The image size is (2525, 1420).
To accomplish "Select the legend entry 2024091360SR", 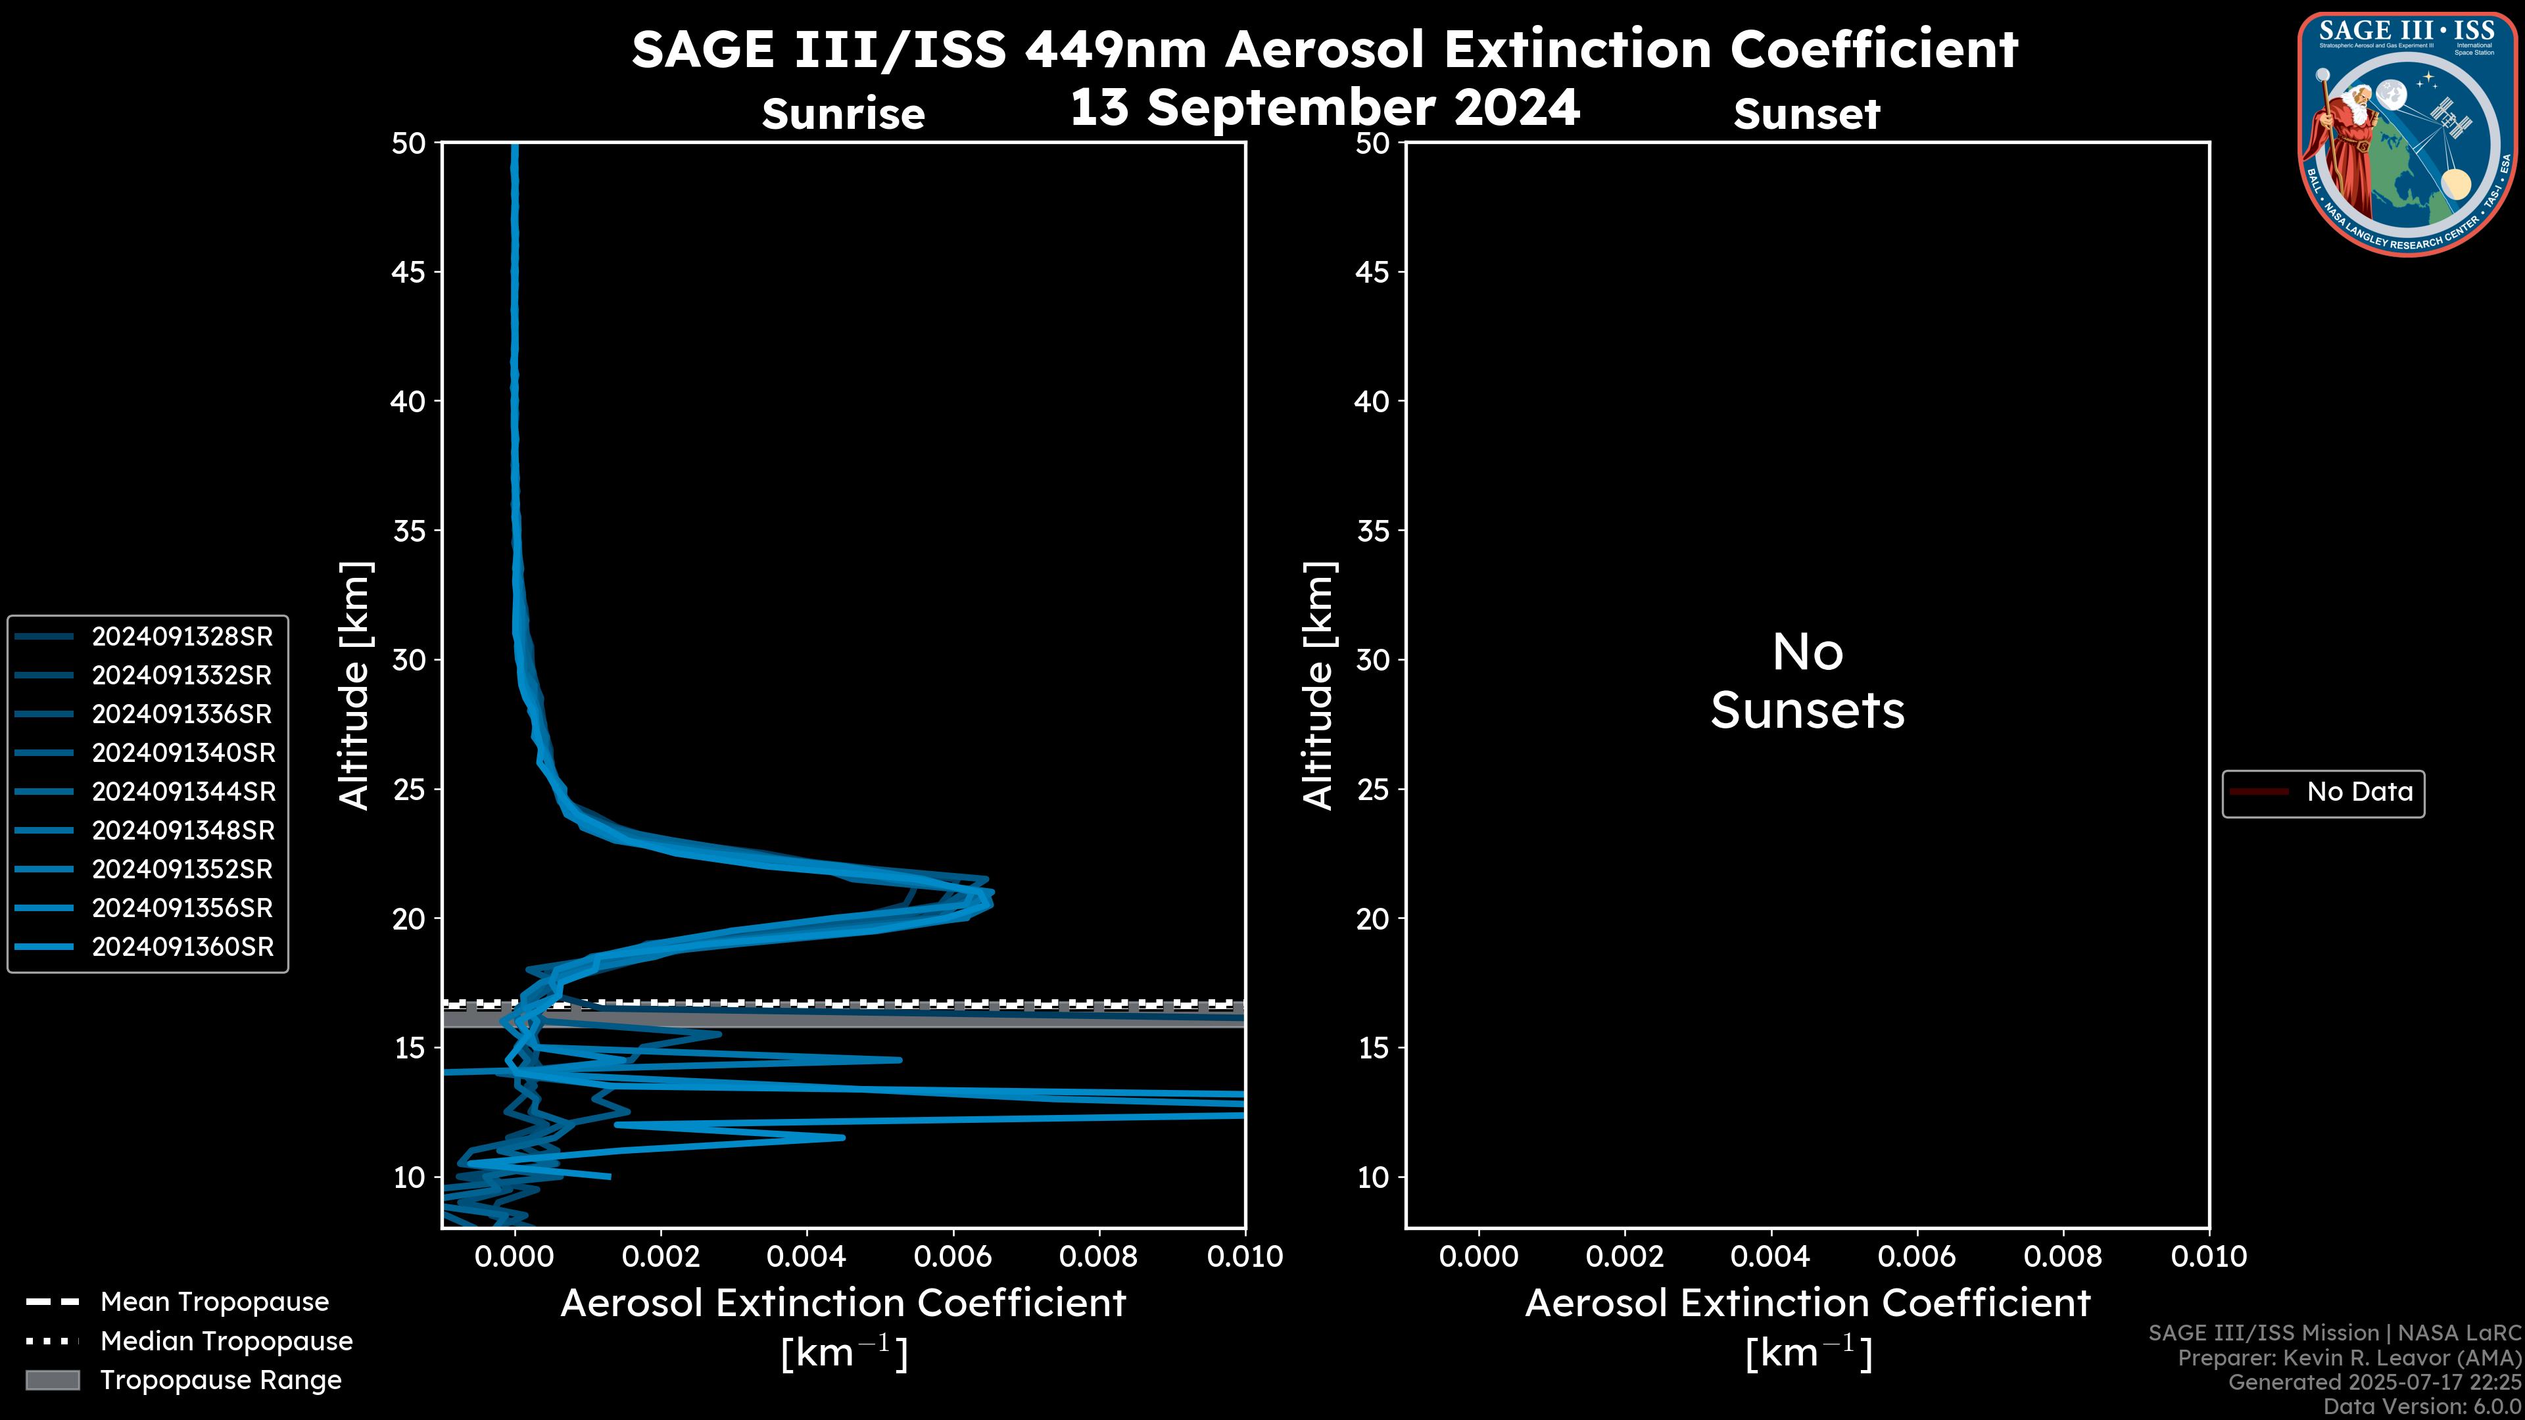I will (181, 947).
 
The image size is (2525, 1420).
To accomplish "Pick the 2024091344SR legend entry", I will (181, 792).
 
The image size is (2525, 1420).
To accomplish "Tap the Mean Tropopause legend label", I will (214, 1302).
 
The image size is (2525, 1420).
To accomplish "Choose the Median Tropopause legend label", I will (226, 1342).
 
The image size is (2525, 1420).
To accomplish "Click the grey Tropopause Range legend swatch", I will (52, 1381).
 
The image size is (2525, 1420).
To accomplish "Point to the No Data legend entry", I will (2359, 792).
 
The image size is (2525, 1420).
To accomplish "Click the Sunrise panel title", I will (843, 114).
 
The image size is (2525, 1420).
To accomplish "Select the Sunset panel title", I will (1806, 114).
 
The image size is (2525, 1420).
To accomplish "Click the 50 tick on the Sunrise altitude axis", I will (409, 143).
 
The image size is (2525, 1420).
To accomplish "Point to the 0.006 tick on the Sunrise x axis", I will (953, 1256).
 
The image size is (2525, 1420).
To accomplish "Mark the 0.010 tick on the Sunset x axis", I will (2209, 1256).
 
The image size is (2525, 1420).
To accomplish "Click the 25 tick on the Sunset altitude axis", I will (1373, 790).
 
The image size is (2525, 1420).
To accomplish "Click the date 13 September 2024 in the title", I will (1324, 108).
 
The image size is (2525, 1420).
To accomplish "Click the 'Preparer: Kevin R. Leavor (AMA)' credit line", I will (2349, 1358).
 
